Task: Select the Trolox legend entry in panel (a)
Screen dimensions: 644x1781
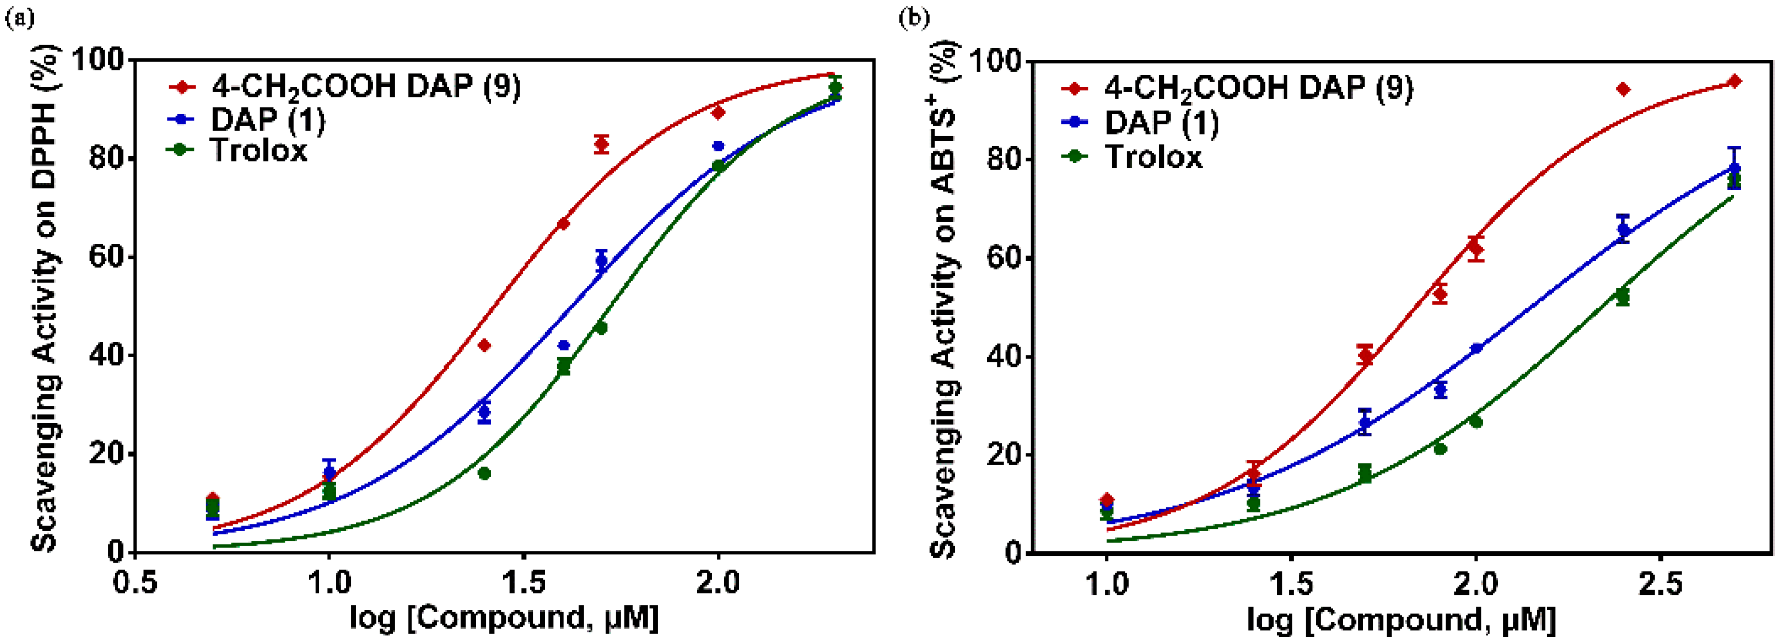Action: pyautogui.click(x=258, y=150)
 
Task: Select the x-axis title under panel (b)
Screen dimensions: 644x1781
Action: pyautogui.click(x=1401, y=618)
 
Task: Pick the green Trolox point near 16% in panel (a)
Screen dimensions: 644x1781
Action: pyautogui.click(x=484, y=473)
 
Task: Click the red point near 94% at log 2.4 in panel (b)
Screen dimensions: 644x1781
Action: pyautogui.click(x=1623, y=89)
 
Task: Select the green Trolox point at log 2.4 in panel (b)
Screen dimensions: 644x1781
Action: pyautogui.click(x=1623, y=297)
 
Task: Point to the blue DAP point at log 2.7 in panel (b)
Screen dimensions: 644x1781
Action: pyautogui.click(x=1734, y=169)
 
